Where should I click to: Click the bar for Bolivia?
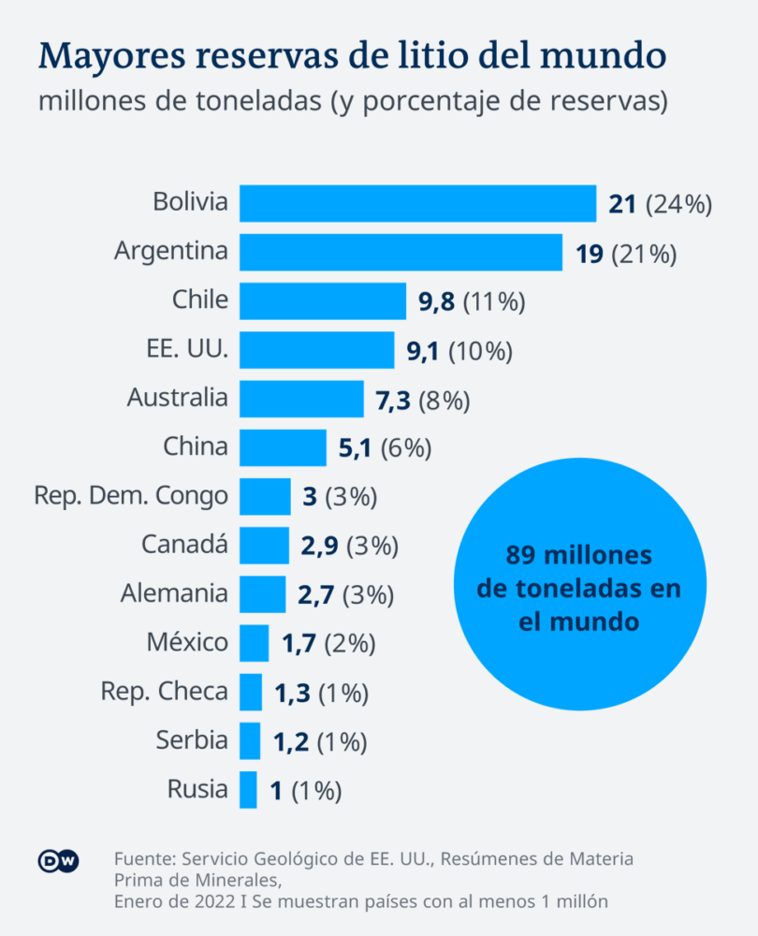point(417,203)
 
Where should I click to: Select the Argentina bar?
point(401,252)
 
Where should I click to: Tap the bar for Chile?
point(323,300)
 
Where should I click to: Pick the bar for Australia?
point(301,399)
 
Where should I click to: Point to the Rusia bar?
point(248,789)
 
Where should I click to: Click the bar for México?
point(254,643)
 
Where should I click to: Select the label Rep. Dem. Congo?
point(131,496)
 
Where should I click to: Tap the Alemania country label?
point(174,593)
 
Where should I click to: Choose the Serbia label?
point(192,740)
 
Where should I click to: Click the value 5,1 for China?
point(356,448)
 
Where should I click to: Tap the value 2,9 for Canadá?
point(319,546)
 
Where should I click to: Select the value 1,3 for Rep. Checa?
point(292,693)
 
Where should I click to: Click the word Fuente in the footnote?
point(144,859)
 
